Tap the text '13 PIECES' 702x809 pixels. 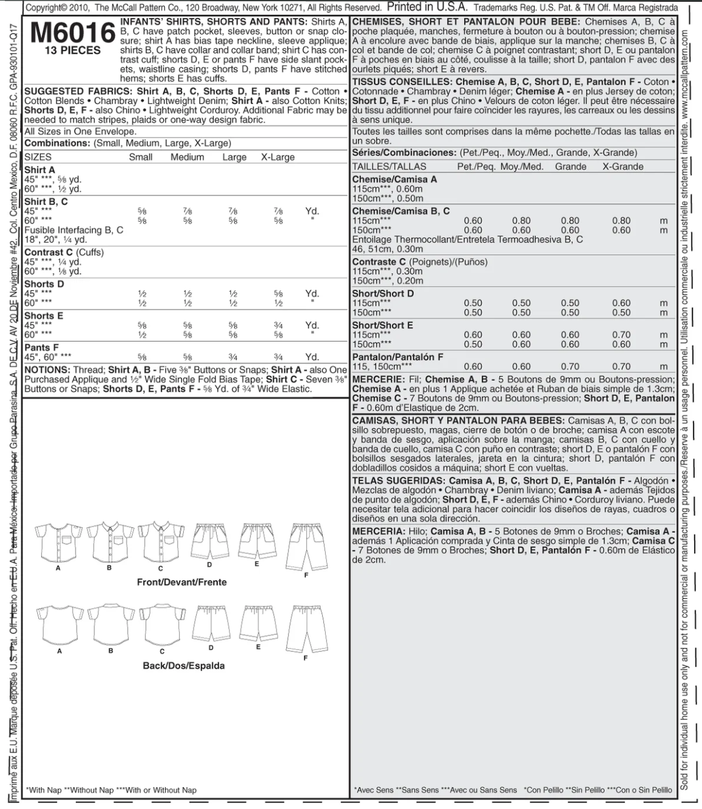coord(72,51)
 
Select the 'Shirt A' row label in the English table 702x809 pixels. coord(40,170)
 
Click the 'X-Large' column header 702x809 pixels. coord(278,157)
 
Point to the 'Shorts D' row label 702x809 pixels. coord(44,284)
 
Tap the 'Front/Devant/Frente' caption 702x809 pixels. coord(181,583)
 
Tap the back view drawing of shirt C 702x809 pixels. coord(162,624)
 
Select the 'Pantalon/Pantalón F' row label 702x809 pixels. coord(398,357)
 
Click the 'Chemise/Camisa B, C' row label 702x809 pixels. coord(401,211)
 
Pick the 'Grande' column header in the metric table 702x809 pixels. coord(570,167)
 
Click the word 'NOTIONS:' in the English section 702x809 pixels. coord(47,370)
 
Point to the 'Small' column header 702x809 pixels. coord(141,157)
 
